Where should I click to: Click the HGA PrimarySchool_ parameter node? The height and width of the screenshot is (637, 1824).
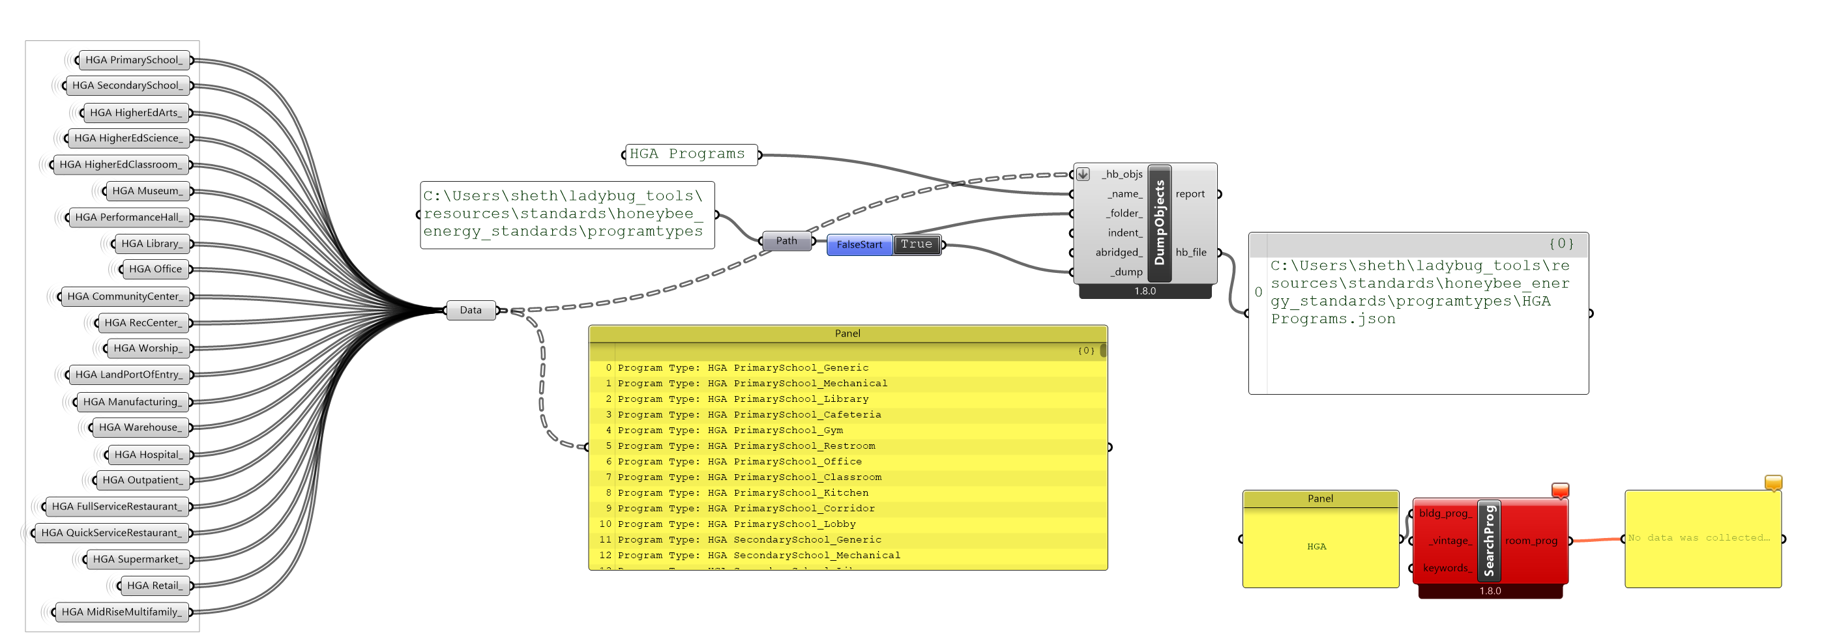click(134, 60)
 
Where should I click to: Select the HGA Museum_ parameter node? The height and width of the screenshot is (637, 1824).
click(147, 191)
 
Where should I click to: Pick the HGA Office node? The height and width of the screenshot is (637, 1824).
click(155, 269)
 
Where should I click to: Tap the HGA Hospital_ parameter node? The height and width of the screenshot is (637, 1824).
click(148, 455)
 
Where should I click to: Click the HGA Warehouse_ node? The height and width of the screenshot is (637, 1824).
click(140, 427)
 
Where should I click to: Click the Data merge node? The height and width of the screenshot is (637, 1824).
click(470, 310)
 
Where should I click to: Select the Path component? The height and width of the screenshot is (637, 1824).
click(786, 240)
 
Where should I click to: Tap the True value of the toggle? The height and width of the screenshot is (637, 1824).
click(917, 244)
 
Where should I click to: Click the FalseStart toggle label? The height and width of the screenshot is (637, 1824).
click(859, 245)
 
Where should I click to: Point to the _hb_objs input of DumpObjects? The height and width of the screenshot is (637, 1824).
click(1122, 174)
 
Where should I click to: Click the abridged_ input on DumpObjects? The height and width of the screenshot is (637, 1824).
click(1119, 252)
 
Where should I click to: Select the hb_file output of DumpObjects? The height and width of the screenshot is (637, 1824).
click(1191, 252)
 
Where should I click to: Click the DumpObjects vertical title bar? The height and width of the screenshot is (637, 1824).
click(1159, 223)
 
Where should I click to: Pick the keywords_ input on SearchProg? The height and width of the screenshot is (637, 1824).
click(1447, 568)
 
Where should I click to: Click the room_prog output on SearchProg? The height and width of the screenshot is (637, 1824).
click(1531, 541)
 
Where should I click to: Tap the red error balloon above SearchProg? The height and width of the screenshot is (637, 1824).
click(1560, 490)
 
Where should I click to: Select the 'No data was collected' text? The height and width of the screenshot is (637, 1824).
click(1698, 538)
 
